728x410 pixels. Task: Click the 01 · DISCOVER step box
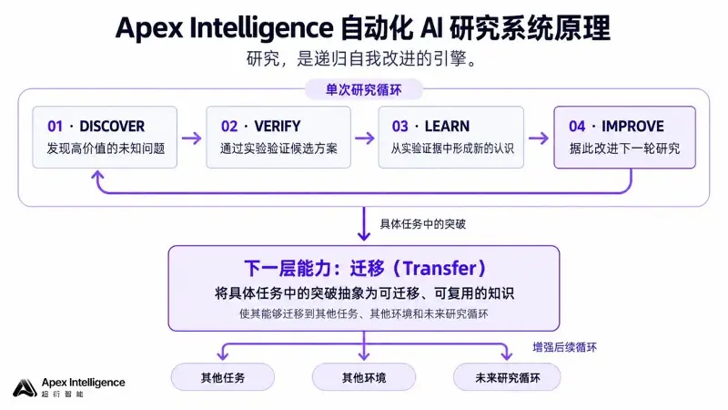click(x=105, y=138)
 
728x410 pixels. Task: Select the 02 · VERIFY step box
click(x=278, y=138)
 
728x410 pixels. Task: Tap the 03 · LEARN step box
click(x=450, y=138)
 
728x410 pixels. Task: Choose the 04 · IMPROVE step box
click(x=624, y=138)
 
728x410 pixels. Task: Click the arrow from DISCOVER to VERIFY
click(x=191, y=138)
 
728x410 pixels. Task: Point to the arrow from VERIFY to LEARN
click(x=365, y=138)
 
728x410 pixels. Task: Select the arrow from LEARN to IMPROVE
click(x=538, y=138)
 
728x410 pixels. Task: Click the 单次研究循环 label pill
click(x=363, y=89)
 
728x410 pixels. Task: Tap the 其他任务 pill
click(x=223, y=377)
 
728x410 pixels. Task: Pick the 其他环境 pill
click(x=364, y=377)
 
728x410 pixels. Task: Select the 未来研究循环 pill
click(x=507, y=377)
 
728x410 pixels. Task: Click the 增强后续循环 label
click(x=564, y=347)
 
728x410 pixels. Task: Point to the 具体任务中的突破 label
click(x=422, y=224)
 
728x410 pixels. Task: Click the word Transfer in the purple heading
click(x=440, y=268)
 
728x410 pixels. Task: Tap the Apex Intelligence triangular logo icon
click(x=25, y=388)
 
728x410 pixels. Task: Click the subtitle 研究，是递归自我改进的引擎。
click(x=362, y=59)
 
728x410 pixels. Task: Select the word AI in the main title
click(x=431, y=27)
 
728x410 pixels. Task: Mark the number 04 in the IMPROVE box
click(x=577, y=126)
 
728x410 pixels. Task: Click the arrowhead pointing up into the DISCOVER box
click(x=97, y=175)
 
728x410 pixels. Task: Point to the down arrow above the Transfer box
click(x=364, y=223)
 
